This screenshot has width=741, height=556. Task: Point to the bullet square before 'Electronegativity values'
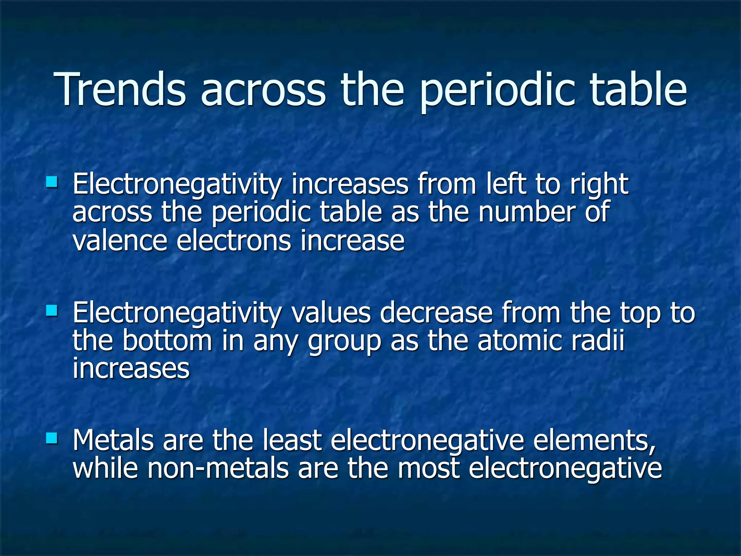tap(52, 310)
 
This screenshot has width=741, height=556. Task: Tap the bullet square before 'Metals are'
tap(52, 438)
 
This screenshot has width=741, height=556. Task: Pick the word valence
tap(120, 241)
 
